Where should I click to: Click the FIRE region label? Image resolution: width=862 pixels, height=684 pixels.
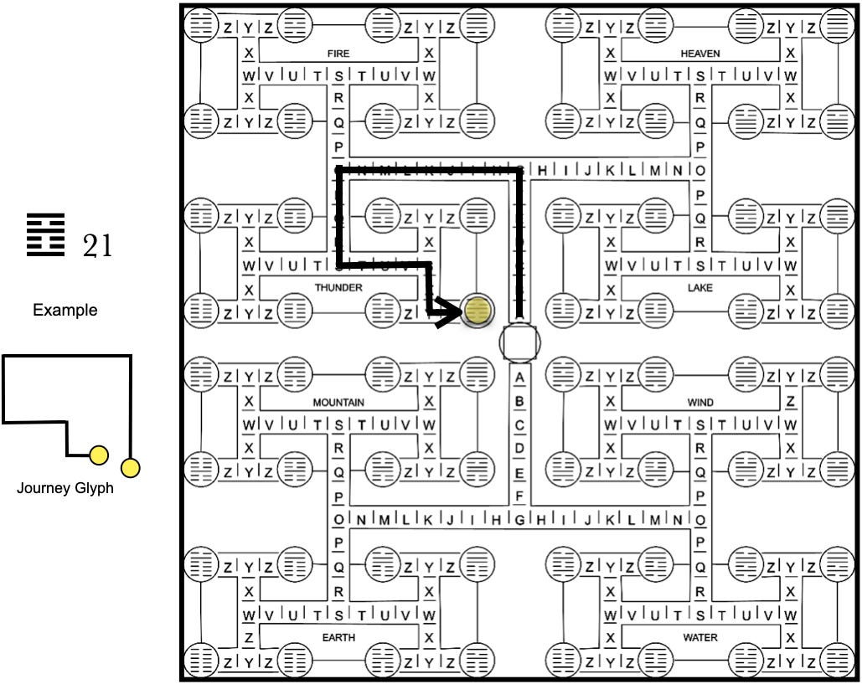(x=338, y=54)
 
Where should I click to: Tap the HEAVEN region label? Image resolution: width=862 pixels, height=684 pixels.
(x=700, y=54)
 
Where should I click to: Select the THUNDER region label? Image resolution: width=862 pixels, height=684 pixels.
(x=338, y=288)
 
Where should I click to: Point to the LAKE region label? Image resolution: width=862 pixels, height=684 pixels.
(x=700, y=288)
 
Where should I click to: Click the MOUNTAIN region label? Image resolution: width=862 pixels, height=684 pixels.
(x=338, y=403)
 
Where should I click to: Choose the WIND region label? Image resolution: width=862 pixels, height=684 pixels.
(x=700, y=403)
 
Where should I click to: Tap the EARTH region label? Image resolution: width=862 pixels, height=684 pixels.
(x=338, y=638)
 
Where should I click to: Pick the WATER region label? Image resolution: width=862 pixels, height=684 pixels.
(x=700, y=638)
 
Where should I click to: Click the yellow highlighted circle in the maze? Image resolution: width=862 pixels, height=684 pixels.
(x=477, y=311)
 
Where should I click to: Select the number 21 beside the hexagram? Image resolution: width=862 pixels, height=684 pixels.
(x=96, y=246)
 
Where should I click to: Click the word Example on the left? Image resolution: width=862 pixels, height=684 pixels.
(x=65, y=311)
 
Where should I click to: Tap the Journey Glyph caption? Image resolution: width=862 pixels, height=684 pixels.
(x=65, y=488)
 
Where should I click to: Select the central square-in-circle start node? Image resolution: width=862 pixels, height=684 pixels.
(x=519, y=342)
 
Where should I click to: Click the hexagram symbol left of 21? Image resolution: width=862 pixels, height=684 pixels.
(x=45, y=235)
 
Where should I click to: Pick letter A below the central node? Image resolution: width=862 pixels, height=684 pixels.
(x=519, y=378)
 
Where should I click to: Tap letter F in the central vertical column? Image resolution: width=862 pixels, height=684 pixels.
(x=519, y=496)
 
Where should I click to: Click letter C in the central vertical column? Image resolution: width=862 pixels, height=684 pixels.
(x=519, y=424)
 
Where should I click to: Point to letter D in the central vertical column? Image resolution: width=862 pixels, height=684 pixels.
(x=519, y=448)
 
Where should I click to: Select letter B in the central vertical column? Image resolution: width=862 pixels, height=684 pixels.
(x=519, y=401)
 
